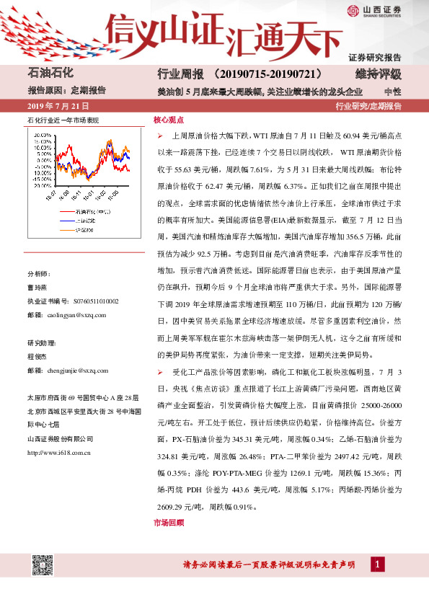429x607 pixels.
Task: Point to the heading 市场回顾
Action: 169,522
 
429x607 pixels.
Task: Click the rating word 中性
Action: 393,92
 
